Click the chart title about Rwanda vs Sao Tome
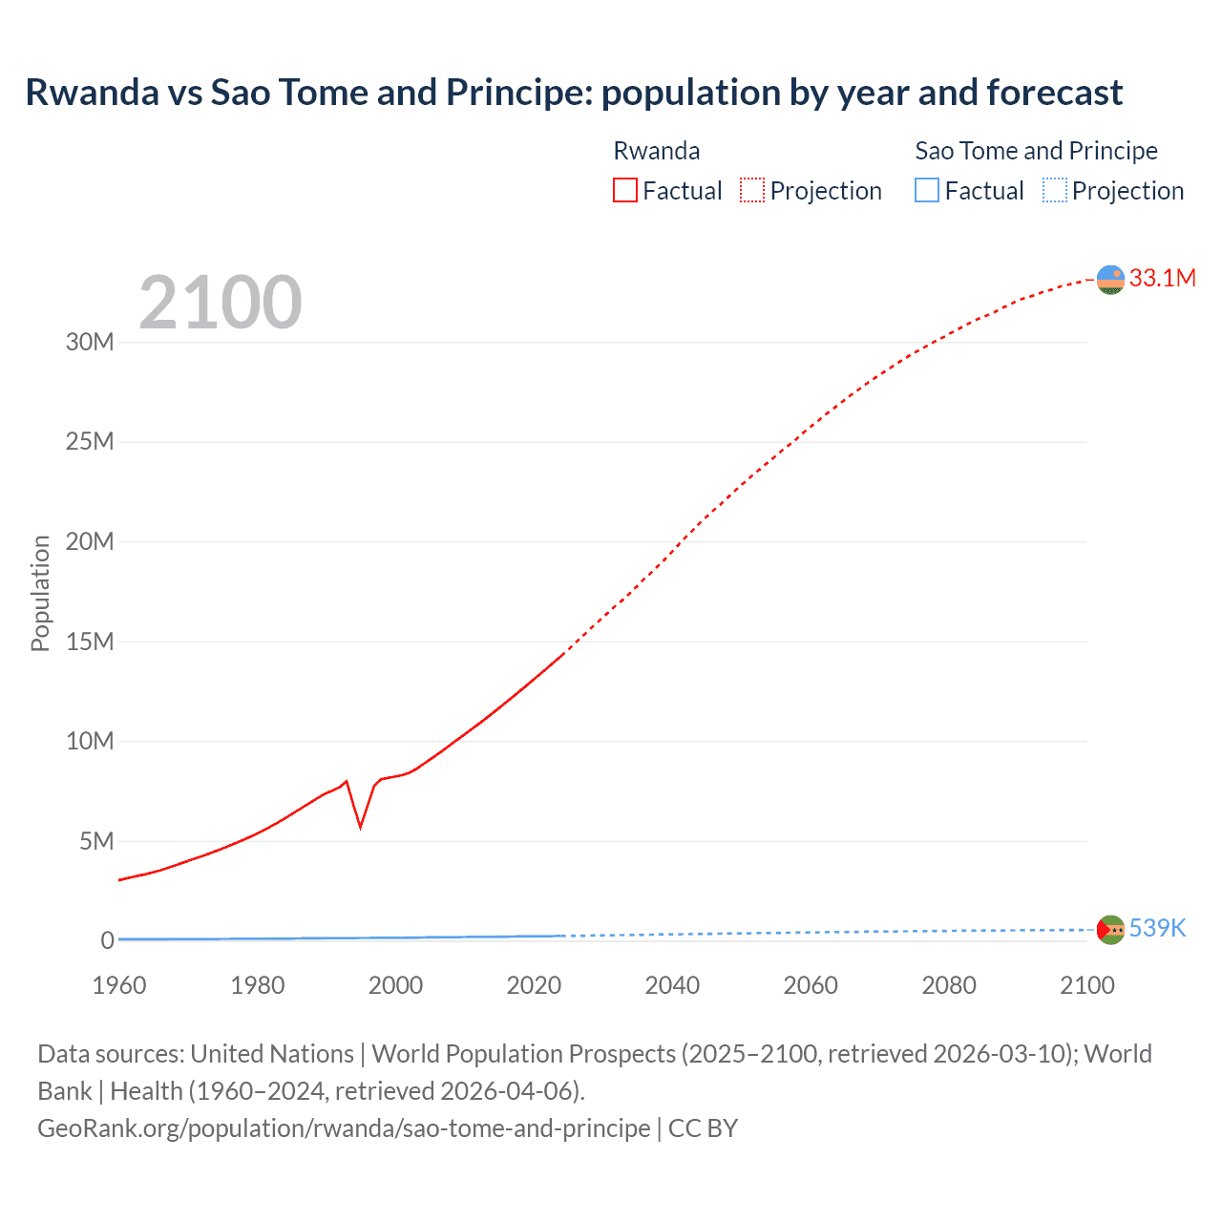574,93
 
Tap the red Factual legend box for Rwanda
624,190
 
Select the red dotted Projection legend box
752,190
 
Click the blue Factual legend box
926,190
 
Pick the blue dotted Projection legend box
1054,190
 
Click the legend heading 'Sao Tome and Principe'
1036,151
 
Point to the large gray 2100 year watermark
221,303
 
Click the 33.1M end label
1162,278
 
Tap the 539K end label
1157,928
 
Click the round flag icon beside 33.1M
1110,280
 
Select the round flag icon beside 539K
1110,929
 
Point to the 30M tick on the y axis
90,342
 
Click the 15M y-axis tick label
90,642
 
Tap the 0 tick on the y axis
107,940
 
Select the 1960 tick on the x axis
119,985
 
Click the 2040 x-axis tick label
672,985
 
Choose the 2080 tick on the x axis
949,985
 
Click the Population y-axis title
40,593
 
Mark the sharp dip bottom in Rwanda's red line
360,826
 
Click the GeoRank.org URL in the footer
344,1128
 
